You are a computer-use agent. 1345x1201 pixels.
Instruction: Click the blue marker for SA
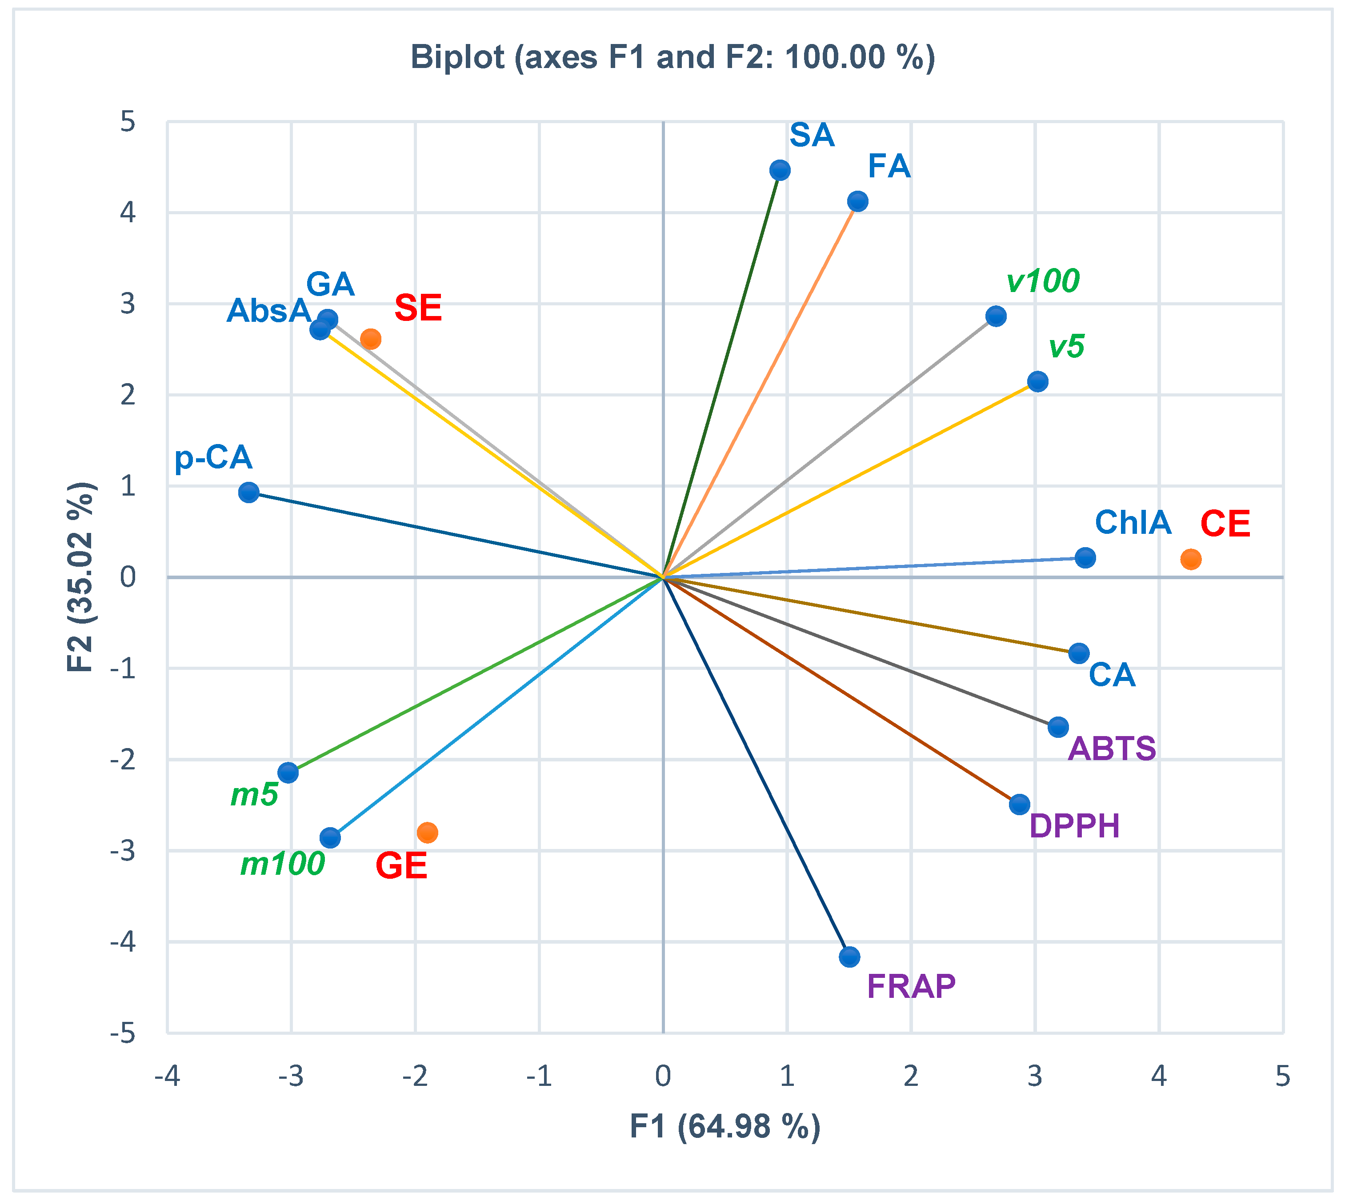780,170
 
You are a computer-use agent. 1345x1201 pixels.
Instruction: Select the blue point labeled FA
857,201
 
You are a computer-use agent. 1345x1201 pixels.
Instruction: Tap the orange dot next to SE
371,339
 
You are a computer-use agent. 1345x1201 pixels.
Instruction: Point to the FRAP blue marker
850,957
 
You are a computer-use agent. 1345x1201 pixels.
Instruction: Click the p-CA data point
249,492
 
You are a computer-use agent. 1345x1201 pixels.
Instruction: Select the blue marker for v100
996,316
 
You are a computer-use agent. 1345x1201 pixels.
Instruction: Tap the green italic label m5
254,795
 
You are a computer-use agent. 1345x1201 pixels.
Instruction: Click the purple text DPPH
1074,826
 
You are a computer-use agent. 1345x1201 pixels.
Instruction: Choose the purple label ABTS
1112,749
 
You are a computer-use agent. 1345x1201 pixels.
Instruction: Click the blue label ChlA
1133,523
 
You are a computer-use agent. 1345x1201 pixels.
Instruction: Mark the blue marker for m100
330,838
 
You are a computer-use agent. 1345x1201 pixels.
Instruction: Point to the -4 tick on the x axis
167,1077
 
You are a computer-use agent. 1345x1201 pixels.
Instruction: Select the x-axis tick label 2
911,1077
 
